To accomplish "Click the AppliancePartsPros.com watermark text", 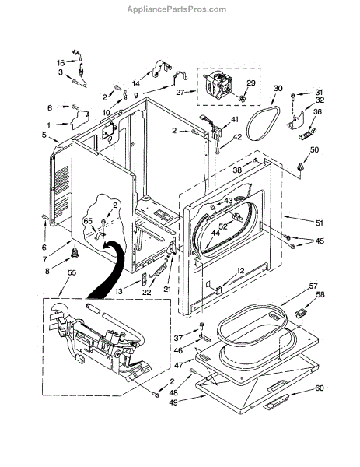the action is pyautogui.click(x=177, y=9).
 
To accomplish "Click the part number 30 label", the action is pyautogui.click(x=278, y=88).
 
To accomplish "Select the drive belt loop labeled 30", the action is pyautogui.click(x=263, y=123).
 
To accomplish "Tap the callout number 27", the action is pyautogui.click(x=180, y=93).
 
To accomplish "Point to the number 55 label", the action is pyautogui.click(x=72, y=272).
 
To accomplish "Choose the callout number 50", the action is pyautogui.click(x=314, y=149).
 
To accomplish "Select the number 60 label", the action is pyautogui.click(x=320, y=388).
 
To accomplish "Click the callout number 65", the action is pyautogui.click(x=88, y=221).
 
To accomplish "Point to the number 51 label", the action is pyautogui.click(x=319, y=223).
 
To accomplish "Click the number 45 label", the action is pyautogui.click(x=320, y=241).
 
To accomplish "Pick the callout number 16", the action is pyautogui.click(x=61, y=63).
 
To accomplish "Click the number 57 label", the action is pyautogui.click(x=313, y=286).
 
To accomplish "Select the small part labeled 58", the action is pyautogui.click(x=301, y=313).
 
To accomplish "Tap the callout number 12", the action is pyautogui.click(x=240, y=270).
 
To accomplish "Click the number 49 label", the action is pyautogui.click(x=173, y=402).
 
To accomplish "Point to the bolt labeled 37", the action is pyautogui.click(x=201, y=325).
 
